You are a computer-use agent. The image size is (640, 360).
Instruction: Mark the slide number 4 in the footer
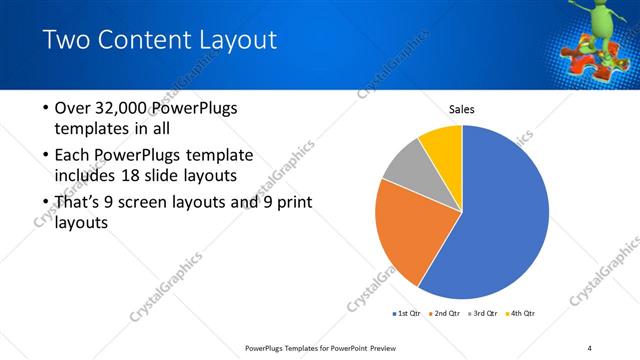point(589,347)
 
